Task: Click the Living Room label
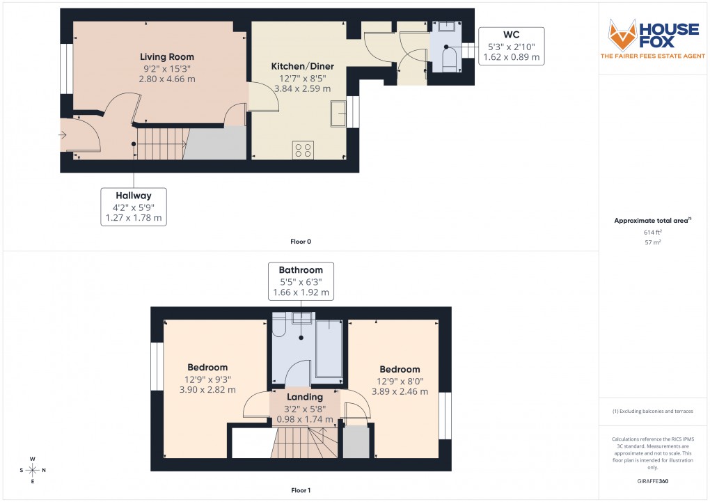tap(166, 57)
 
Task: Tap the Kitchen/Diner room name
tap(302, 67)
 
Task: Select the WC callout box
tap(512, 46)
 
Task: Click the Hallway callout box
tap(134, 207)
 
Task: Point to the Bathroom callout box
tap(301, 281)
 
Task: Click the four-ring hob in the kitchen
tap(303, 150)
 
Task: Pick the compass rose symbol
tap(33, 470)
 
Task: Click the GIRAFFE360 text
tap(652, 480)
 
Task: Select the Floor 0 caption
tap(301, 242)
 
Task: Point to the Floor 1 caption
tap(301, 491)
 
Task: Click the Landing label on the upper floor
tap(305, 397)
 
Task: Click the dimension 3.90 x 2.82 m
tap(207, 391)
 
